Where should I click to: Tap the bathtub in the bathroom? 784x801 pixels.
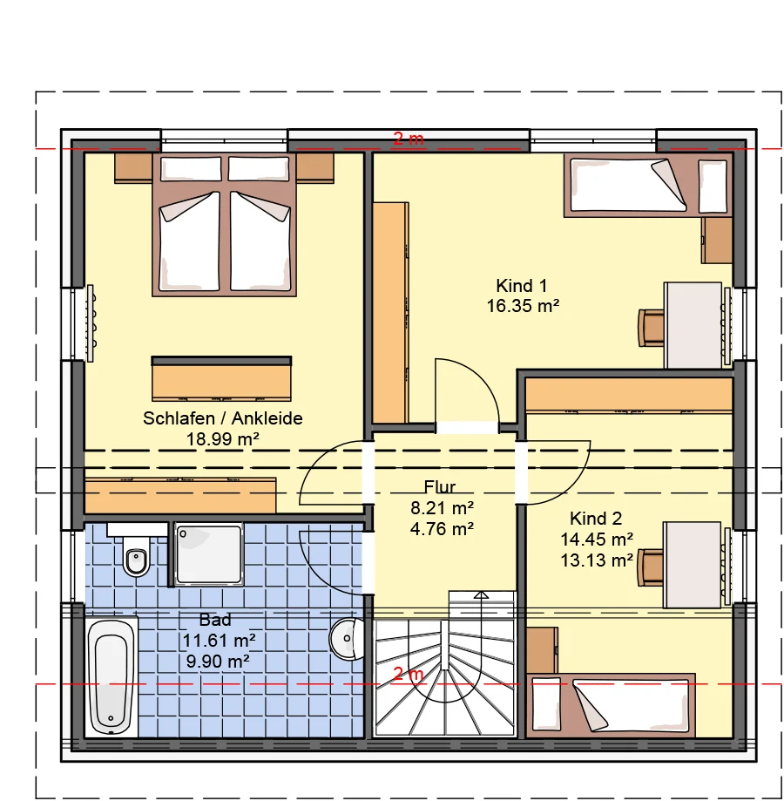coord(112,677)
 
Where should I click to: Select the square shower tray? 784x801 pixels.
coord(209,554)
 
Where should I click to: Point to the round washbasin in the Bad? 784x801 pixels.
coord(347,639)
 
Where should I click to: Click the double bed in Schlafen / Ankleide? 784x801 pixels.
coord(225,224)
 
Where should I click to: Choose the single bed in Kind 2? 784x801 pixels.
coord(612,705)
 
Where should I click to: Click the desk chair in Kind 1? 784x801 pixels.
coord(652,328)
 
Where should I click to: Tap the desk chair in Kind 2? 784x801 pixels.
coord(650,567)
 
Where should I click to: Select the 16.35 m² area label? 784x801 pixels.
coord(523,306)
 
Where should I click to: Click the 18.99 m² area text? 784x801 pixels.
coord(222,438)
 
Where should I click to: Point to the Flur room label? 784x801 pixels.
coord(439,487)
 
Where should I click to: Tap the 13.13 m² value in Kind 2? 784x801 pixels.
coord(597,560)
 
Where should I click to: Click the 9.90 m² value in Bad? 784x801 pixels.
coord(218,662)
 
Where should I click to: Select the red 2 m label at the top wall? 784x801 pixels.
coord(409,139)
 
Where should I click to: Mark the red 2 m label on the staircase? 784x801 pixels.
coord(408,675)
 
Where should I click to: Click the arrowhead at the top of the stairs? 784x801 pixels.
coord(481,595)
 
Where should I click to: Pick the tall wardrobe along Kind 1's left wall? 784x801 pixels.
coord(391,313)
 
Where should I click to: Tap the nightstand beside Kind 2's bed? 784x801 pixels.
coord(542,650)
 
